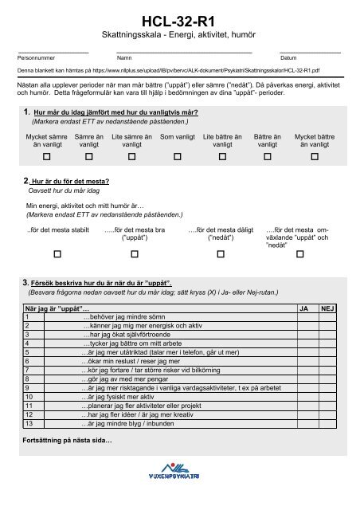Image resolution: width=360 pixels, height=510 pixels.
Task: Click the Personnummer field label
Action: click(x=37, y=58)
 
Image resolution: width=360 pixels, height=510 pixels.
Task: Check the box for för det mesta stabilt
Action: click(x=57, y=254)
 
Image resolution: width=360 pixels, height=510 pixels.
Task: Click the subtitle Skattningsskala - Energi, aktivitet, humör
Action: click(x=180, y=37)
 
